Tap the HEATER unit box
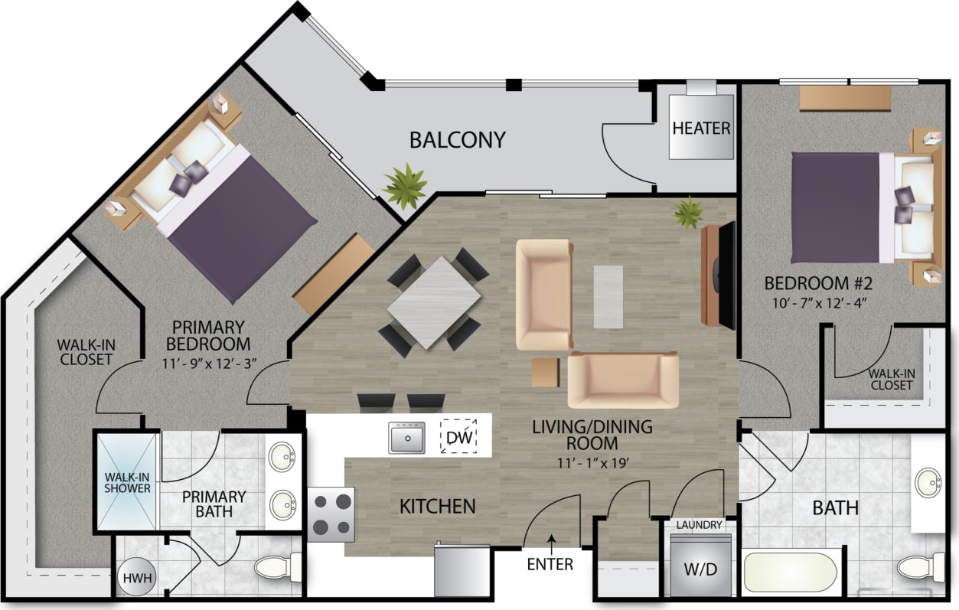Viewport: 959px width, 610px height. [701, 127]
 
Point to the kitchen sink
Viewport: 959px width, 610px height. [406, 438]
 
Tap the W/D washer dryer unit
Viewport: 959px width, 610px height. [700, 569]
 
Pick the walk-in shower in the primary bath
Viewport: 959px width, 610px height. [127, 481]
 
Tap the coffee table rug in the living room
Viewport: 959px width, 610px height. [608, 297]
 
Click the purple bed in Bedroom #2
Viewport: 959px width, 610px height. [834, 207]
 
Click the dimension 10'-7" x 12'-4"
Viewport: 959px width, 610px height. [818, 302]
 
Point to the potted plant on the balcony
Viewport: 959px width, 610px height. [405, 185]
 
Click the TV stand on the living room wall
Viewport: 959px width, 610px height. [718, 273]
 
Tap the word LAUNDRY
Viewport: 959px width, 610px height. [699, 525]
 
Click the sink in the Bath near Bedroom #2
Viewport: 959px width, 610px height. [930, 481]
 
